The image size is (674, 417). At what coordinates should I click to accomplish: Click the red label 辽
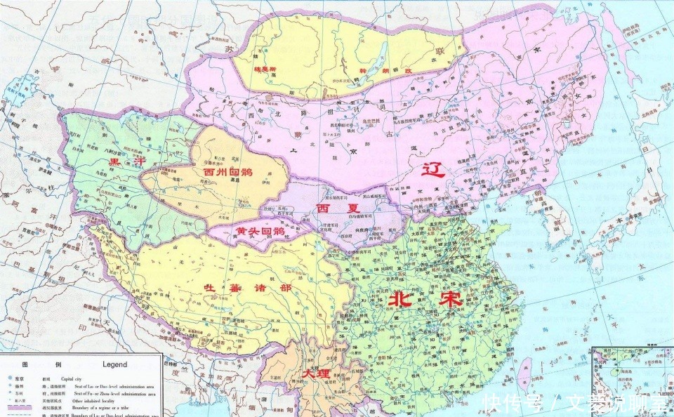coord(433,171)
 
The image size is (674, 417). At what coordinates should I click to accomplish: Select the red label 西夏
coord(330,209)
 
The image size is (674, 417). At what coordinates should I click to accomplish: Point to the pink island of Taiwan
coord(524,371)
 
